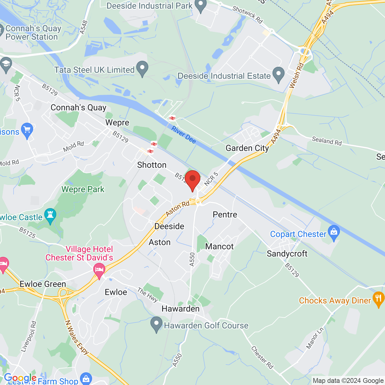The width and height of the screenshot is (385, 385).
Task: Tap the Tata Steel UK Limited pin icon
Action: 142,69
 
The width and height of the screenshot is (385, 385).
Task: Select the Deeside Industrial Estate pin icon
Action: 279,75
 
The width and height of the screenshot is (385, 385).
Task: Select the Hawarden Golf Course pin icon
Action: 156,324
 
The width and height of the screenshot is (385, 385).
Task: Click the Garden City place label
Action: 247,148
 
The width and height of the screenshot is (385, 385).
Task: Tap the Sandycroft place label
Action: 287,254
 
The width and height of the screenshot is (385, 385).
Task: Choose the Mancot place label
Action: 219,247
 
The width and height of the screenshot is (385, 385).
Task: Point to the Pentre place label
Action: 225,214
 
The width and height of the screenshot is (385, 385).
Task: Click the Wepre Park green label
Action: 83,189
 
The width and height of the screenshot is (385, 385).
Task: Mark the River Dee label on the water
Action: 183,134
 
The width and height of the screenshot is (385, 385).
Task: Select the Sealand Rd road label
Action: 327,141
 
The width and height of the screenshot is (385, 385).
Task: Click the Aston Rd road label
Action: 177,208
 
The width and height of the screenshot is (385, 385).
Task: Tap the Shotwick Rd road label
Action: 248,15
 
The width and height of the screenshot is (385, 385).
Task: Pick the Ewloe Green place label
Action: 43,284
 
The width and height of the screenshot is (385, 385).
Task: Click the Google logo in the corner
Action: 20,378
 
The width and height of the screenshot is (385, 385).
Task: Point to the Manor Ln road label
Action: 315,338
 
